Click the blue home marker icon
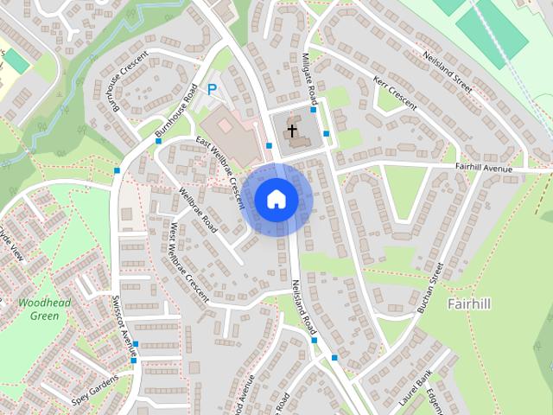click(x=276, y=200)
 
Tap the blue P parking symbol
click(x=212, y=88)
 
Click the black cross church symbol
click(x=292, y=131)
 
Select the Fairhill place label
click(x=471, y=304)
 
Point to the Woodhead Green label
click(x=39, y=310)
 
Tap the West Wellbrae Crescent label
click(x=188, y=262)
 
